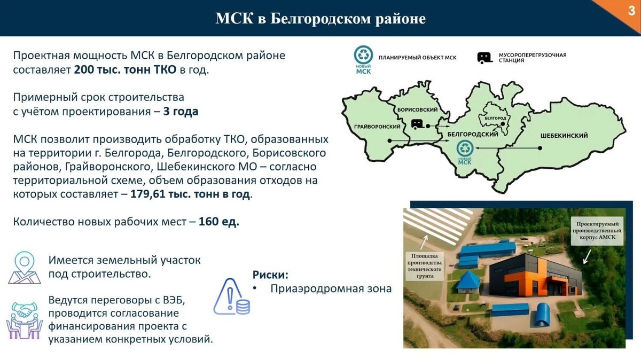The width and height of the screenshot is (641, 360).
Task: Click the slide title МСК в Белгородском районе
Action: (320, 19)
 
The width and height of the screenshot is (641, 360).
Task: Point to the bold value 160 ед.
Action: (219, 222)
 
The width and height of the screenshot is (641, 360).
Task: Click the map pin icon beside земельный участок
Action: (24, 267)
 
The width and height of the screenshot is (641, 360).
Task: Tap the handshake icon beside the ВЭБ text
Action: (24, 319)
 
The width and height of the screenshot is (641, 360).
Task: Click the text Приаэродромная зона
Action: (331, 288)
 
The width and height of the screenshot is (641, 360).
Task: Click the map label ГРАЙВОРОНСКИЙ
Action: (377, 126)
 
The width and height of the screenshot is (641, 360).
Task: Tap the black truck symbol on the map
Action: (418, 124)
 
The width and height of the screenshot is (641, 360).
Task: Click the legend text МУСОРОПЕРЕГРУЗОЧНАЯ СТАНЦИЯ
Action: (532, 57)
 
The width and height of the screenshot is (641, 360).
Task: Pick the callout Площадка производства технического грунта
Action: (425, 265)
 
